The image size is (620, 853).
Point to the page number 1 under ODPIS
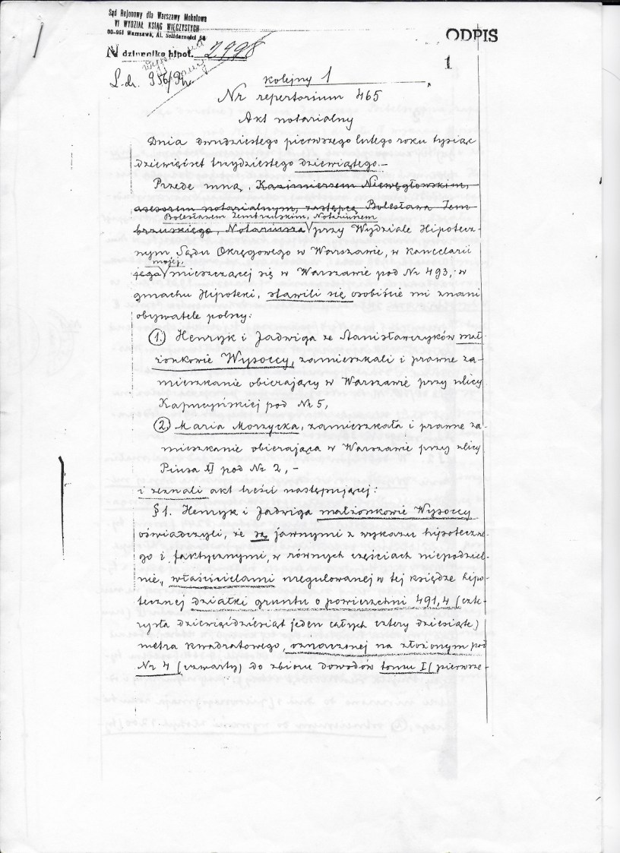click(449, 65)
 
